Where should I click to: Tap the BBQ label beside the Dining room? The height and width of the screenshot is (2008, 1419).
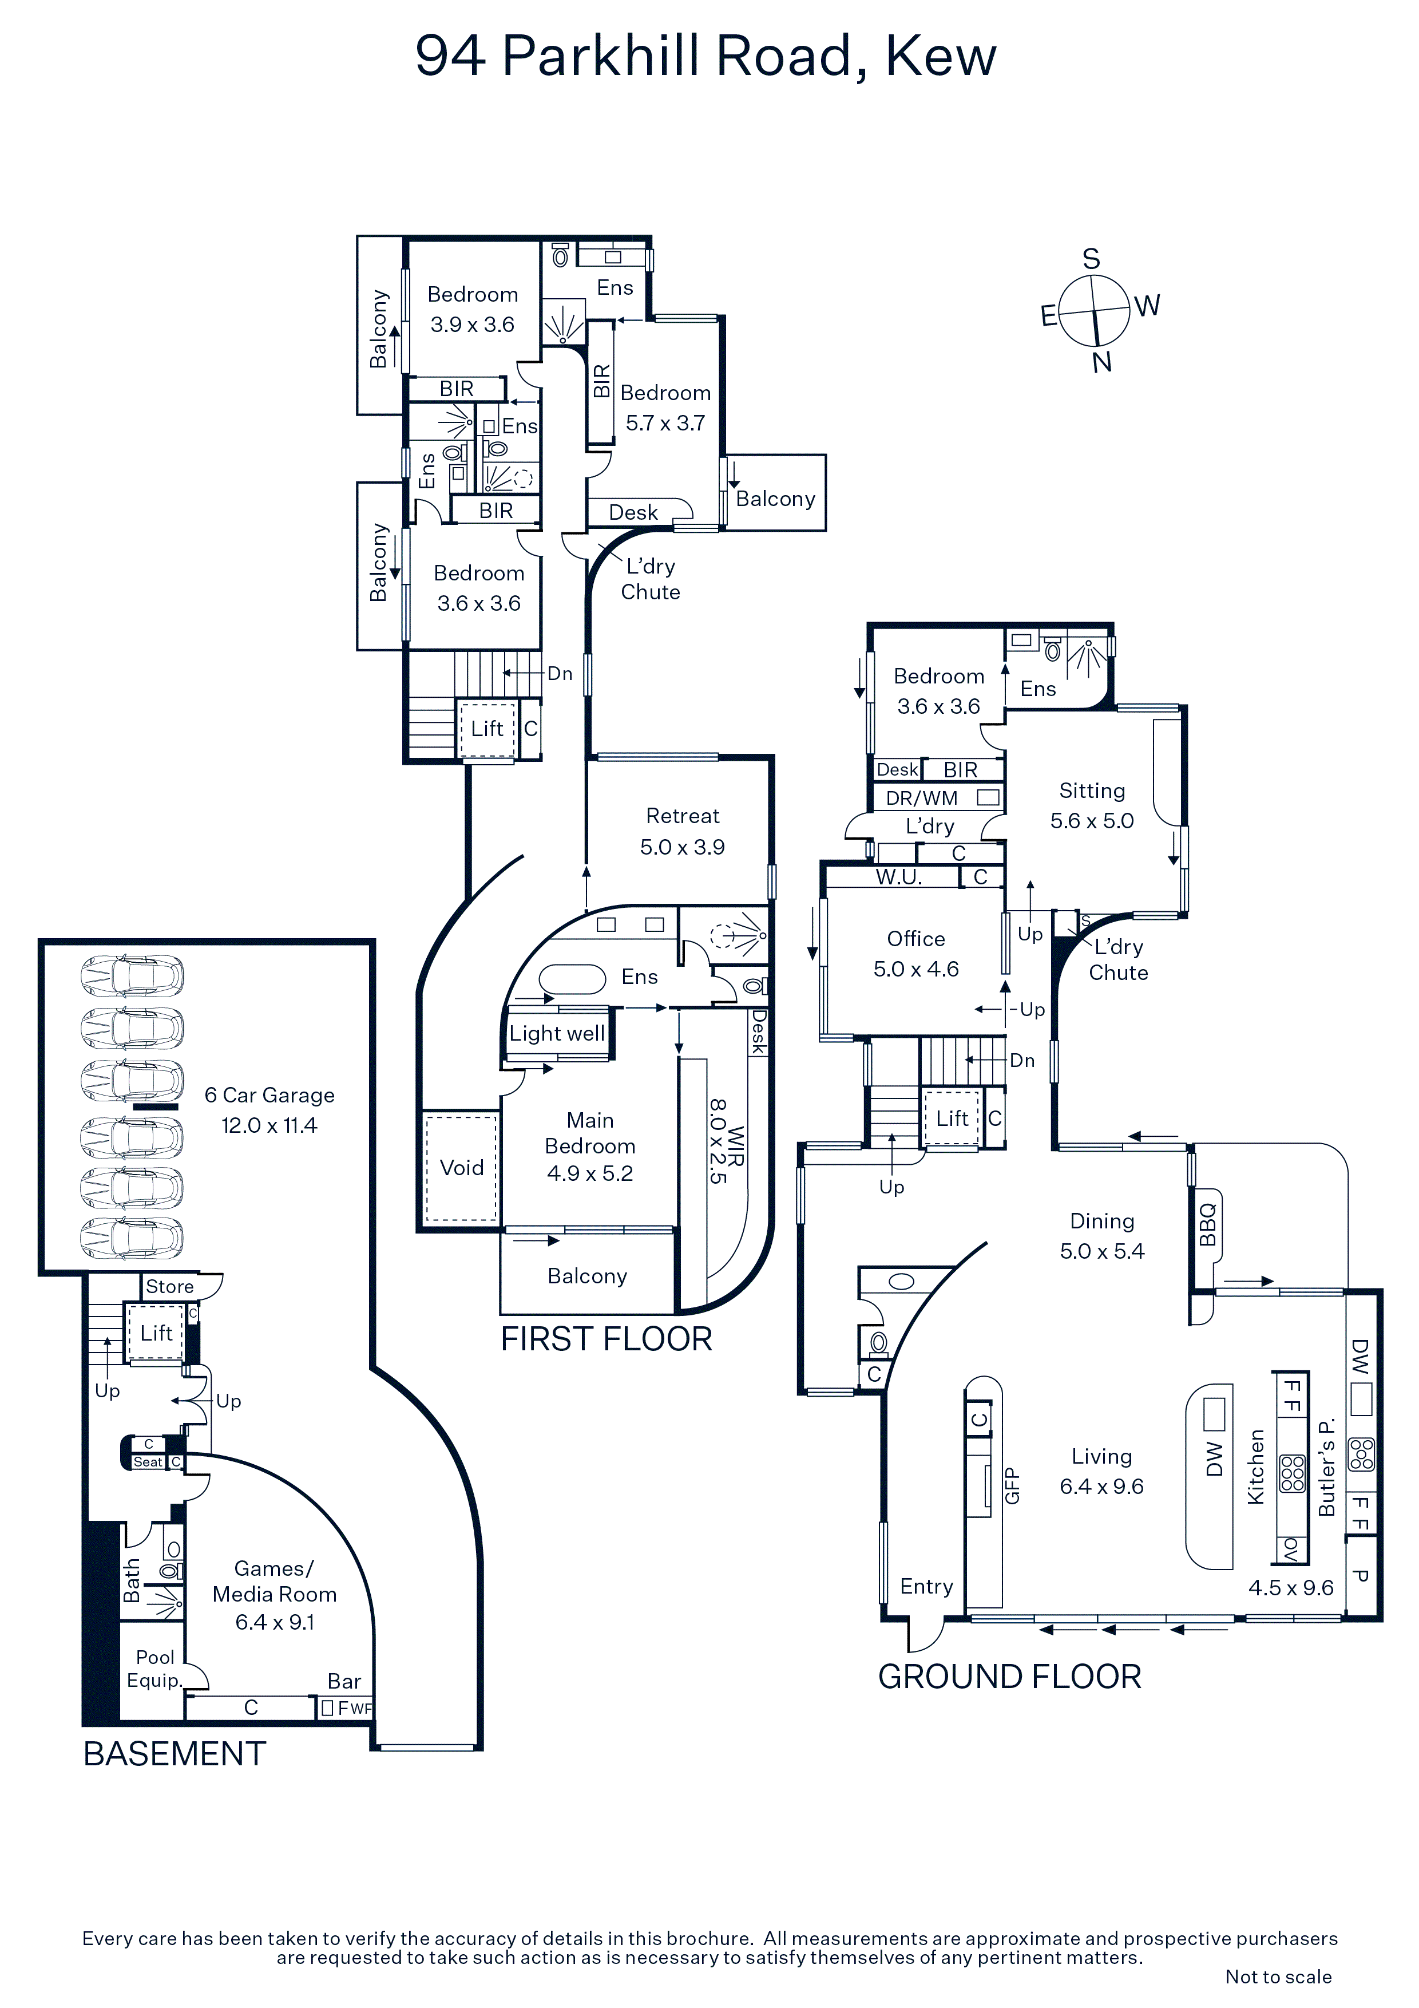click(x=1207, y=1224)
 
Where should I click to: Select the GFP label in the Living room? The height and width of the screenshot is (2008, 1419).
click(x=1012, y=1485)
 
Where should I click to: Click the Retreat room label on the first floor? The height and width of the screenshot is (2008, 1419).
click(x=683, y=816)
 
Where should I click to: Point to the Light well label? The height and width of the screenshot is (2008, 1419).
click(x=557, y=1034)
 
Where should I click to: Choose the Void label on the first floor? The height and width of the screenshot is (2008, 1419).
click(x=462, y=1168)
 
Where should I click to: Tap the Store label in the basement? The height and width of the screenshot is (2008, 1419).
click(x=169, y=1287)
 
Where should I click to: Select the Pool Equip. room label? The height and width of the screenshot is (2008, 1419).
click(x=154, y=1669)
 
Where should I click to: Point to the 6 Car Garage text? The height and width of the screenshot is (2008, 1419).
click(x=269, y=1095)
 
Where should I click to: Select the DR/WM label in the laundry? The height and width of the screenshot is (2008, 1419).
click(x=922, y=797)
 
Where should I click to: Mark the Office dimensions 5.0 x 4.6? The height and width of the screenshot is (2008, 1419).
click(x=916, y=969)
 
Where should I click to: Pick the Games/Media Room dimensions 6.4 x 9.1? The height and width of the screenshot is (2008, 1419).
click(x=275, y=1622)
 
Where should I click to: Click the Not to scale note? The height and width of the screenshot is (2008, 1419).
click(x=1278, y=1977)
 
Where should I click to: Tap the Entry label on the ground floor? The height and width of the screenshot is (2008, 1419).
click(x=927, y=1587)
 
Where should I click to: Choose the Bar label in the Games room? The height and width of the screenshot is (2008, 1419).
click(x=344, y=1681)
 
